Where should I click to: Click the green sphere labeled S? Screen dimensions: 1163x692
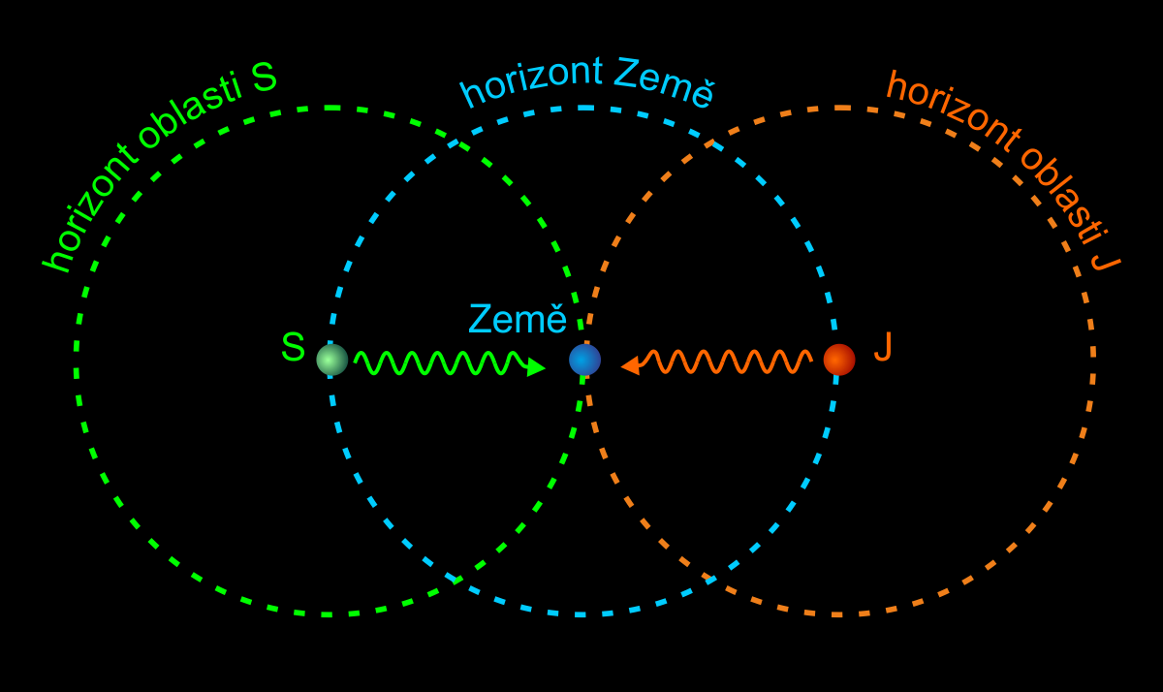pos(332,360)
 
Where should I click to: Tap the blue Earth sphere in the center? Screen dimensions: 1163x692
pos(584,360)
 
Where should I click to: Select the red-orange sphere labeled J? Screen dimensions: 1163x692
pos(839,360)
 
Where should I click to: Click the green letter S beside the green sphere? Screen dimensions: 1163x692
pos(293,346)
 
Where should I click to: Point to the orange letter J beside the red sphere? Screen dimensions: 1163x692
pos(883,346)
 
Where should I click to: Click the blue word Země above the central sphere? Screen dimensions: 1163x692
pos(518,318)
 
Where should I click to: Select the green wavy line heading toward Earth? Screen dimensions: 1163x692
pos(440,362)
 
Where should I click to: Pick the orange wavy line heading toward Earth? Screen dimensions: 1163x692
pos(725,362)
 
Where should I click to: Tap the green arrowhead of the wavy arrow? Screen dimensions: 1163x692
pos(536,367)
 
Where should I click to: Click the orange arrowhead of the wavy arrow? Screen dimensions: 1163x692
pos(630,365)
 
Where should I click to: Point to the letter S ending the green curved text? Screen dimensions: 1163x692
pos(264,78)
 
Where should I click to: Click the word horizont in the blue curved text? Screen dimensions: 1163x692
pos(531,82)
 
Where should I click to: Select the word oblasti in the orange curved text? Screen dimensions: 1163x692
pos(1065,195)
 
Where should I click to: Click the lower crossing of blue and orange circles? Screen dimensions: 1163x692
pos(709,579)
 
